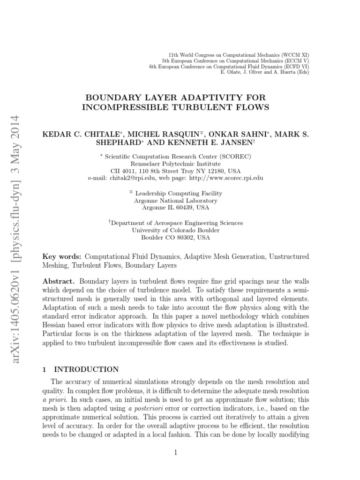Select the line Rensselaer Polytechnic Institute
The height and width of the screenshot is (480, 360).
pos(176,164)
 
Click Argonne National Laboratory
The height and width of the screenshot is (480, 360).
pos(176,200)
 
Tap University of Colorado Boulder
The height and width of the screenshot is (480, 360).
pos(176,230)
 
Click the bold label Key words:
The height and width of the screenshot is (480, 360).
pos(62,257)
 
